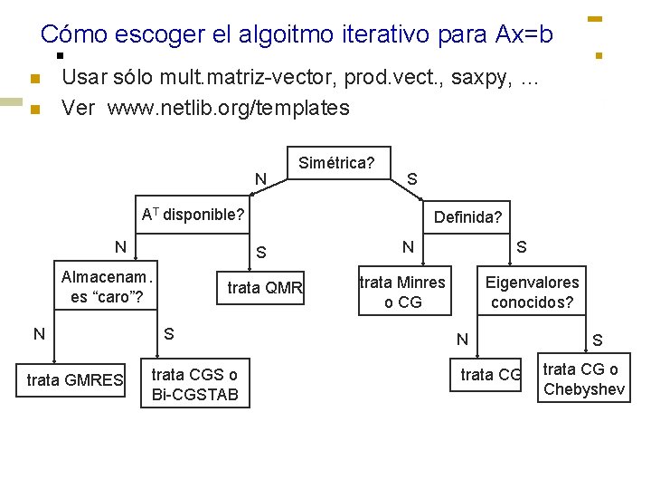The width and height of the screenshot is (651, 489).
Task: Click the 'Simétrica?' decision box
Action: [335, 163]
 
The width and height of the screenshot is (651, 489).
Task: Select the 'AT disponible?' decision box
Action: [193, 215]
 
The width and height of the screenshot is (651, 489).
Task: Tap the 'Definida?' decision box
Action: [467, 217]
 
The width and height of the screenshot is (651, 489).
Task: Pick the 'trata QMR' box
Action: [265, 288]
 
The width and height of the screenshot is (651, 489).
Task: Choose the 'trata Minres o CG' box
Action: [402, 292]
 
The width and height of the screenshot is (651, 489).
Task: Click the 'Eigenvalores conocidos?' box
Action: [532, 292]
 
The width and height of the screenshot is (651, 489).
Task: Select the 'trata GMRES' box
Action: [75, 380]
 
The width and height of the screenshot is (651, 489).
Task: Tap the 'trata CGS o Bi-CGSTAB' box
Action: [195, 384]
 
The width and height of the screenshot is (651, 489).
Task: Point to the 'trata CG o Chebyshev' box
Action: [583, 379]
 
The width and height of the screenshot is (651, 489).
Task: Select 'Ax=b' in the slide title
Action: [524, 34]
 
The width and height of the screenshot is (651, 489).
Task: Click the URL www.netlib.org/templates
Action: [228, 108]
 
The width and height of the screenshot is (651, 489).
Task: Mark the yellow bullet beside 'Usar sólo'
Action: [35, 80]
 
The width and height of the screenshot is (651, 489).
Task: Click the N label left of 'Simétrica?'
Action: [260, 178]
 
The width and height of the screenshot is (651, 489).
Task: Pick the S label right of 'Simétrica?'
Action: [411, 178]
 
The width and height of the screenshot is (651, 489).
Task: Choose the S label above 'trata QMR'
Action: [260, 251]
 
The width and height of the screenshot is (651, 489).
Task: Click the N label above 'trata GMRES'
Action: [39, 333]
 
